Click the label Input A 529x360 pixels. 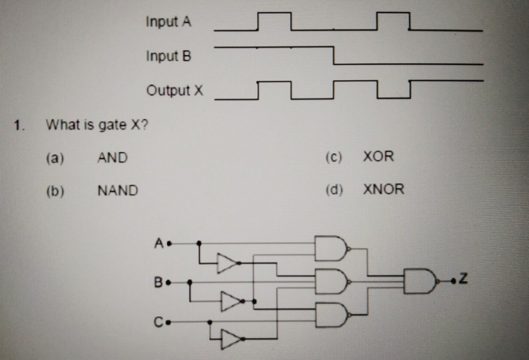168,22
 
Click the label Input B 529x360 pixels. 168,56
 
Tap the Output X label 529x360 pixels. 174,90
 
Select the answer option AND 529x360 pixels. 112,158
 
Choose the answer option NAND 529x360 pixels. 118,191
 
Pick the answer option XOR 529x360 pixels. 378,156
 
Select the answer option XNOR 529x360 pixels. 384,189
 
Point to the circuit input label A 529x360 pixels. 159,243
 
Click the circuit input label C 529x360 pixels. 158,322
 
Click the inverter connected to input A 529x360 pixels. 227,263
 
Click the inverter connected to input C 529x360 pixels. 230,339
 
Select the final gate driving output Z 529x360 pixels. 419,281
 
